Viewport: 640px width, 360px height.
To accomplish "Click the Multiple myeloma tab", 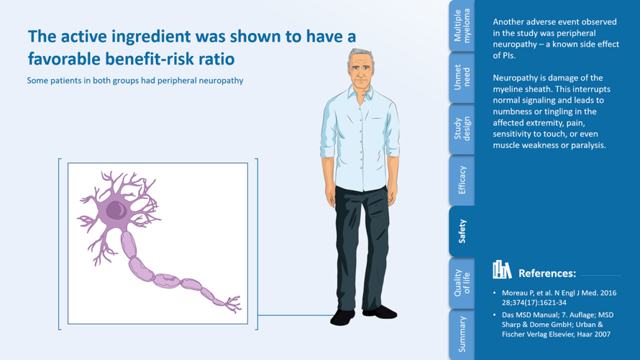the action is pyautogui.click(x=462, y=25).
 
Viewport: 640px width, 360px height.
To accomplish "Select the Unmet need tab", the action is pyautogui.click(x=462, y=77).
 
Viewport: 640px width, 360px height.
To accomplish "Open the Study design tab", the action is pyautogui.click(x=462, y=129).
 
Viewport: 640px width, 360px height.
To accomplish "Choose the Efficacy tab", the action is pyautogui.click(x=462, y=180).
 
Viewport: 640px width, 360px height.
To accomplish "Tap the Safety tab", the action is pyautogui.click(x=462, y=231).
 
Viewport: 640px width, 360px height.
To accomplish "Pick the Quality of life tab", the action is pyautogui.click(x=462, y=283).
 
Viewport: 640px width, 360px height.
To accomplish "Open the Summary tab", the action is pyautogui.click(x=462, y=335).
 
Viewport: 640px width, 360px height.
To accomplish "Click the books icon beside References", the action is pyautogui.click(x=501, y=270).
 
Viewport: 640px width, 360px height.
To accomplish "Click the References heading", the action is pyautogui.click(x=547, y=274).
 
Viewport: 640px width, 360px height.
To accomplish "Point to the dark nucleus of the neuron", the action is pyautogui.click(x=116, y=210).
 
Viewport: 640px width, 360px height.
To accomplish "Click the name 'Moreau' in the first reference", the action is pyautogui.click(x=515, y=293).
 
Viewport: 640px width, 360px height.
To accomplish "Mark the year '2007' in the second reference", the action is pyautogui.click(x=602, y=335).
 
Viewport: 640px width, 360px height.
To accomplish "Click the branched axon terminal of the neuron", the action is pyautogui.click(x=232, y=305).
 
